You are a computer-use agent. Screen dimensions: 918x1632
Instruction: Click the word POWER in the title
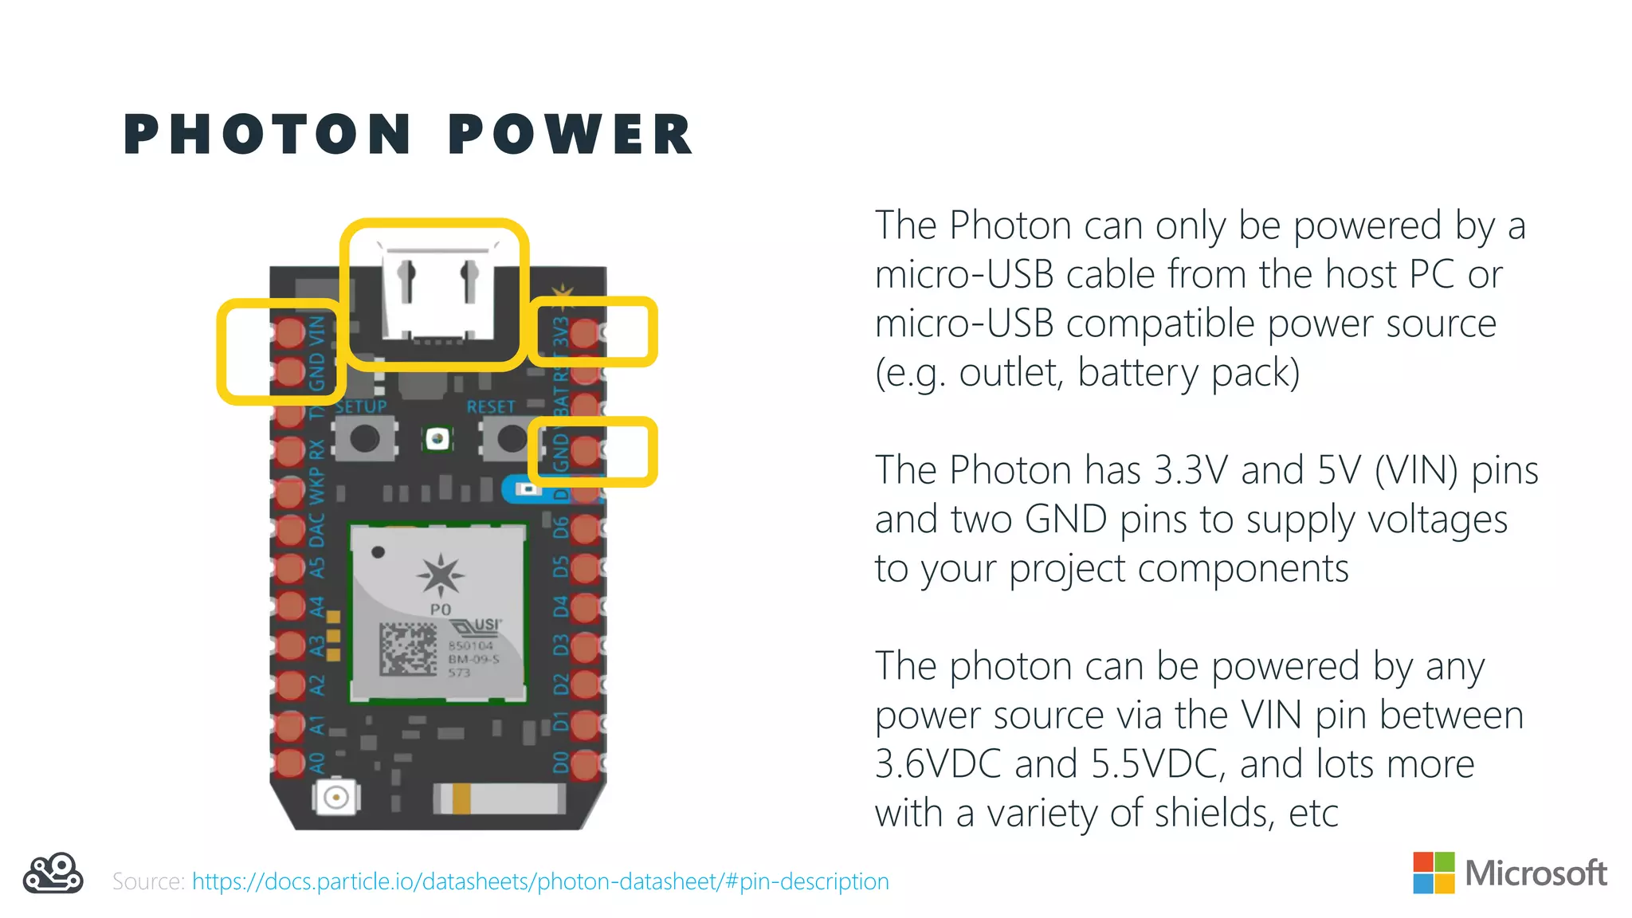coord(571,134)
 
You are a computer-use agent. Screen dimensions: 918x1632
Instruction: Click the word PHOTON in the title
coord(268,134)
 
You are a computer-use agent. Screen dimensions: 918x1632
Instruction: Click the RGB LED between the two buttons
coord(437,438)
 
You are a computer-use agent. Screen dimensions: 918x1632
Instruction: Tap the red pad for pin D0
coord(584,765)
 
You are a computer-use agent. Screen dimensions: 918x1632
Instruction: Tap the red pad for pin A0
coord(290,763)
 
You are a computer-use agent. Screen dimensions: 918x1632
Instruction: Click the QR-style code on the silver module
coord(408,649)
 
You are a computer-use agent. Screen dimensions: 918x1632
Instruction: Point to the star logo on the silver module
coord(440,575)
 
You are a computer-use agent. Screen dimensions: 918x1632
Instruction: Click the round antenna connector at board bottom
coord(336,796)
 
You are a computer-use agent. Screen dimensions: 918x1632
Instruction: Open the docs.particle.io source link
coord(540,881)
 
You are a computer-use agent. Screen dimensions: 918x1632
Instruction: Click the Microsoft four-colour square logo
coord(1434,873)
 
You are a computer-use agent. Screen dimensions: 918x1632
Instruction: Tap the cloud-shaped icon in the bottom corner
coord(53,874)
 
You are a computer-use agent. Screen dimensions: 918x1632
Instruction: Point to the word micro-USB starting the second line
coord(963,275)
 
